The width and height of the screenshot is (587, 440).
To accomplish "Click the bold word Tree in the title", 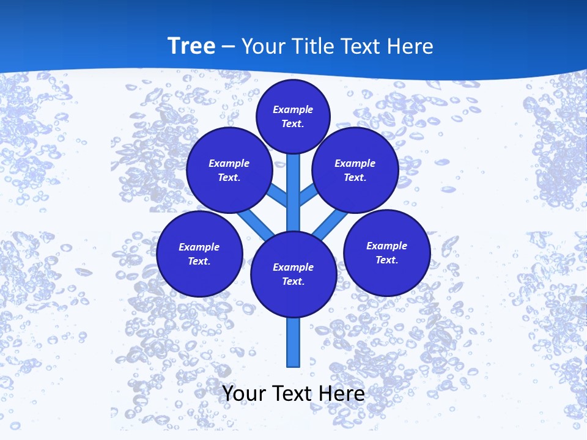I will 191,46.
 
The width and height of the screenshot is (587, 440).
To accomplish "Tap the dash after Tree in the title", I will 228,47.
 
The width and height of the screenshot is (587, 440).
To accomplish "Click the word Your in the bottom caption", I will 244,394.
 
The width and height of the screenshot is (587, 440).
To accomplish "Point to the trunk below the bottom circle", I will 293,342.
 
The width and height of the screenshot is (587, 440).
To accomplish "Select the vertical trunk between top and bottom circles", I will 293,196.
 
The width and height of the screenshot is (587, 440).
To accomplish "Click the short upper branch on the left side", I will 278,194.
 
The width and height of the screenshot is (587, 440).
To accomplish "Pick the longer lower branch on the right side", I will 330,224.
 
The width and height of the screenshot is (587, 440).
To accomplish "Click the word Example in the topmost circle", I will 293,110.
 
